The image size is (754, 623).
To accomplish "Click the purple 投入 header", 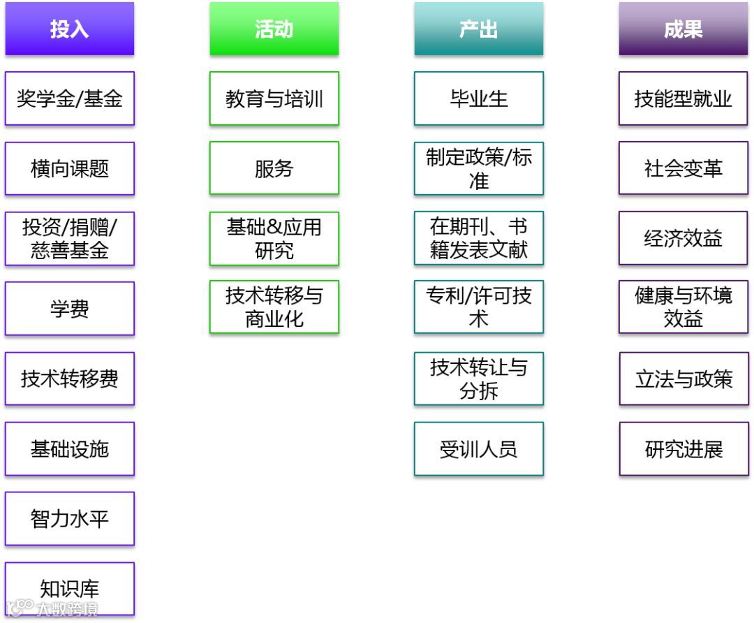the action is tap(69, 29).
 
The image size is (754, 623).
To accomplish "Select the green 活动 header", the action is tap(274, 29).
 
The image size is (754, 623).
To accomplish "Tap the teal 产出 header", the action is tap(478, 29).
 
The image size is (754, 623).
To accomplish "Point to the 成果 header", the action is tap(683, 29).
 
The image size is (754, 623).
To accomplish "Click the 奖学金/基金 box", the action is tap(69, 98).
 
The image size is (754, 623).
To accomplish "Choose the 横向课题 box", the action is tap(69, 168).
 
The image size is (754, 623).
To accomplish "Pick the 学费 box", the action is tap(69, 309).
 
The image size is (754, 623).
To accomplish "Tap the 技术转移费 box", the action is tap(69, 379).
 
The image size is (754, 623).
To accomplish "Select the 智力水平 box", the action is tap(69, 519).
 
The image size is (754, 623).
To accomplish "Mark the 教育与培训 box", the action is tap(274, 98).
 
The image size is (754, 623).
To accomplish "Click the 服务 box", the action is tap(274, 168).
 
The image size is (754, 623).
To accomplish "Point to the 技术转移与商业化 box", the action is tap(274, 308).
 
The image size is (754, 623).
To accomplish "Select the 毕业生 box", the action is tap(478, 98).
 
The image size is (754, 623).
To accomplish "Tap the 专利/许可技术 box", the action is tap(478, 308).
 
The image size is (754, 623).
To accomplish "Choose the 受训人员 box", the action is tap(478, 449).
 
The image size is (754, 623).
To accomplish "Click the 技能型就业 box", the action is tap(683, 98).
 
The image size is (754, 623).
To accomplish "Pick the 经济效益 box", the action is tap(683, 239).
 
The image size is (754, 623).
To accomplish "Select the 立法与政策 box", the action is tap(683, 379).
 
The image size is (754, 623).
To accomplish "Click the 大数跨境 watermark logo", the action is tap(52, 608).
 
